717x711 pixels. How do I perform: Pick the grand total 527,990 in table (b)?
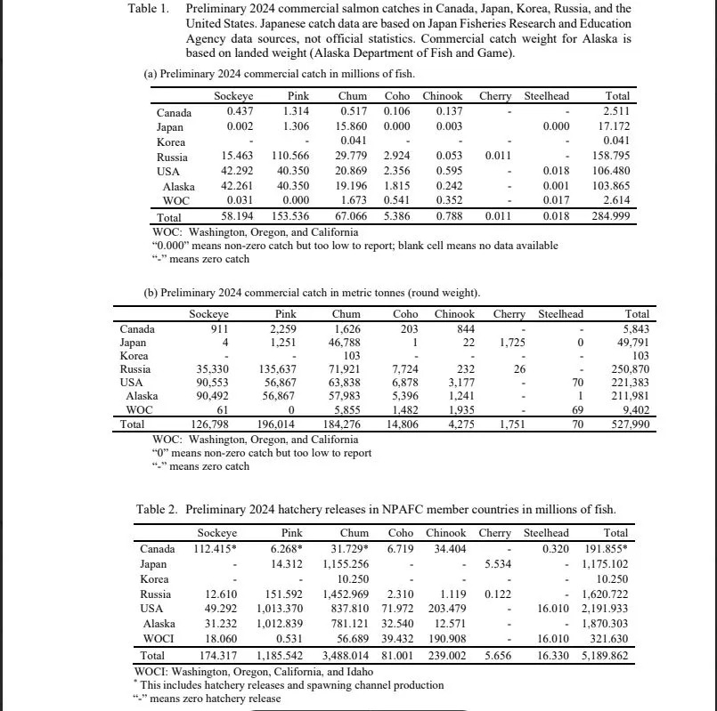tap(626, 425)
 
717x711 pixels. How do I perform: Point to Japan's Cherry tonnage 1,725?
tap(508, 343)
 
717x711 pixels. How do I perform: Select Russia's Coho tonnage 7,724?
tap(410, 369)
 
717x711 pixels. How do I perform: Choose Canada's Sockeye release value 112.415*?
tap(216, 548)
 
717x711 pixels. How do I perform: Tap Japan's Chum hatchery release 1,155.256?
tap(346, 564)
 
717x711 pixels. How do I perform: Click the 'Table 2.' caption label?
tap(157, 509)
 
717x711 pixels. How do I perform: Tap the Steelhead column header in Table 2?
tap(546, 533)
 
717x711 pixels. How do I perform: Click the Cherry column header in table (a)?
tap(495, 96)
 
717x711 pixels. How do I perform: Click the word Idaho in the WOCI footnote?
tap(349, 672)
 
